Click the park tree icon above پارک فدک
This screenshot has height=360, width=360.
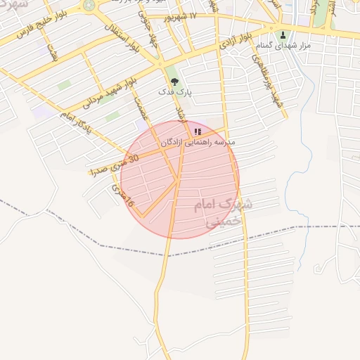click(x=175, y=82)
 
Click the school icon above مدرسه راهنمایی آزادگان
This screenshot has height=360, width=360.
click(x=198, y=131)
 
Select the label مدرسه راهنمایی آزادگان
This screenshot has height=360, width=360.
click(x=198, y=143)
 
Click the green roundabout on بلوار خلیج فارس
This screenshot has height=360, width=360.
click(x=89, y=6)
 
